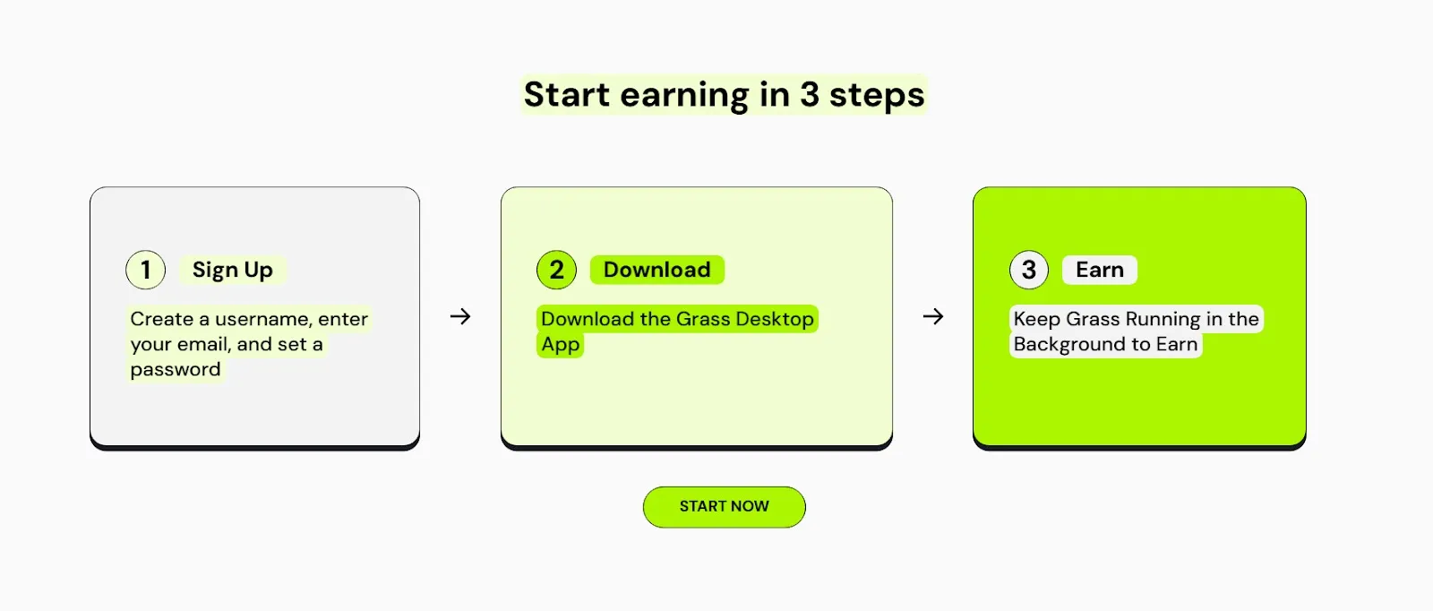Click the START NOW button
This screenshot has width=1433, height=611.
(x=725, y=507)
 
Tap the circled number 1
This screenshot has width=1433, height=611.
(x=146, y=270)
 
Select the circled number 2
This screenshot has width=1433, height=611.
(x=556, y=270)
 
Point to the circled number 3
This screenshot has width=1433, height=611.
(x=1029, y=270)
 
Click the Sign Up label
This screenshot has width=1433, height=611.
(x=233, y=270)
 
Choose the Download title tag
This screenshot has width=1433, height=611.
(x=657, y=270)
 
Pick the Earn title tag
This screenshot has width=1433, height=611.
(x=1100, y=270)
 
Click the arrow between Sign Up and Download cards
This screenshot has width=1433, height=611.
(x=460, y=316)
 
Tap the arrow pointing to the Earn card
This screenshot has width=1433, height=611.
(x=933, y=316)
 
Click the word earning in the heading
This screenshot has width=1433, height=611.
(x=684, y=95)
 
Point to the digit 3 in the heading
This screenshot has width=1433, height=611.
(x=810, y=94)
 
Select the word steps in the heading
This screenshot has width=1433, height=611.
(x=877, y=95)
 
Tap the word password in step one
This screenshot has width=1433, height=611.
(x=176, y=370)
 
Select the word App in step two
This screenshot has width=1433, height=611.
(x=561, y=344)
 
